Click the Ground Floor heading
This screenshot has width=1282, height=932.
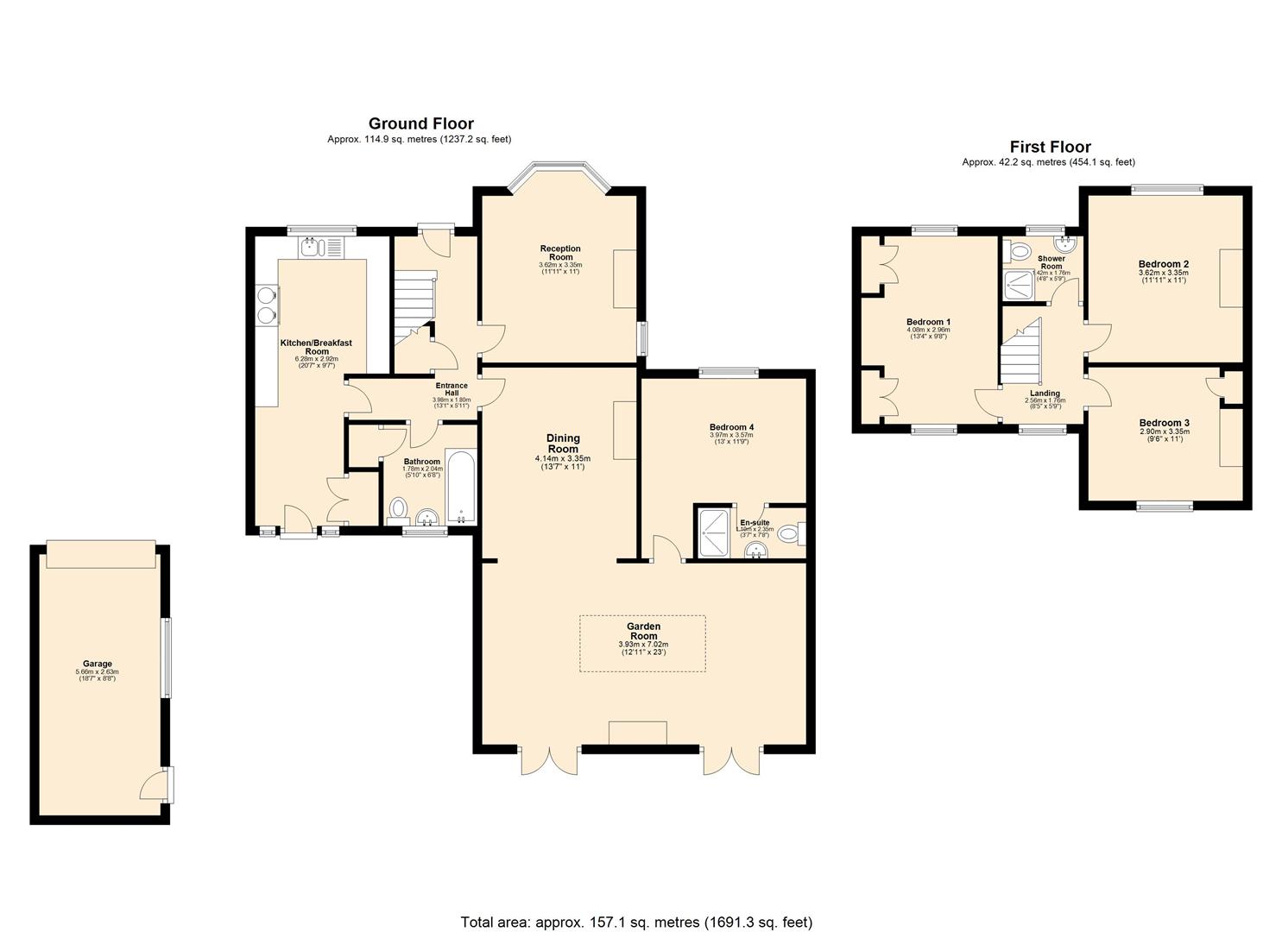420,124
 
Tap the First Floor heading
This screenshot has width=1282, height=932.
1050,148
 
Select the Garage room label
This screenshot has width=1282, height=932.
97,664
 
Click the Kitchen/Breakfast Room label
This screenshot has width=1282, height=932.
317,347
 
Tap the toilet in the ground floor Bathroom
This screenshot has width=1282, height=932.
398,509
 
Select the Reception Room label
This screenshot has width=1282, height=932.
560,253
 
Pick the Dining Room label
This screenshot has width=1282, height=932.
562,444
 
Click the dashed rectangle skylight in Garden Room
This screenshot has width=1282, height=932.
642,643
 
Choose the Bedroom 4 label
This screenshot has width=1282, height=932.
731,427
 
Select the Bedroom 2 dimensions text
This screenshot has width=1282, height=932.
1163,275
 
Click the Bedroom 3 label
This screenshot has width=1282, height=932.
1164,423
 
